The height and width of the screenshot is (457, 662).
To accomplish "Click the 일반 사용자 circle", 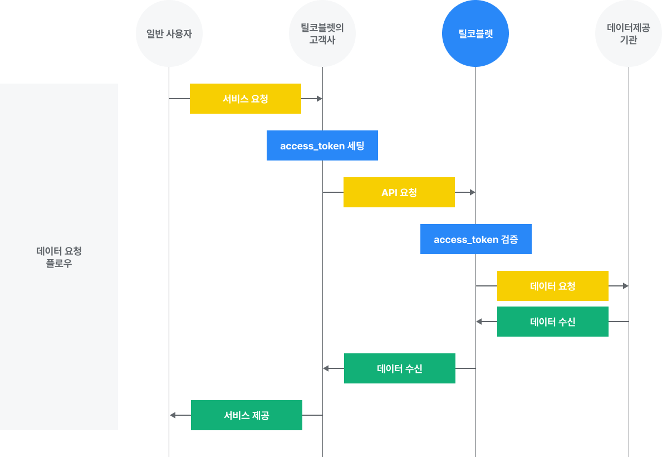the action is tap(169, 33).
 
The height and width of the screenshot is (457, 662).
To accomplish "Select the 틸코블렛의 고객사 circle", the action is tap(322, 33).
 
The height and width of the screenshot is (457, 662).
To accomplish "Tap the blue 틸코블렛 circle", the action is tap(475, 33).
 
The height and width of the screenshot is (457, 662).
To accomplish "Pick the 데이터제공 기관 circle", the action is tap(628, 33).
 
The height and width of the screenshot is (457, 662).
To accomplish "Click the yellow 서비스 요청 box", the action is tap(246, 99).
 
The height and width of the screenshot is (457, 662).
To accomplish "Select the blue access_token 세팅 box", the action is tap(322, 145).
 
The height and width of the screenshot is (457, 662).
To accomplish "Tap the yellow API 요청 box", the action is tap(399, 192).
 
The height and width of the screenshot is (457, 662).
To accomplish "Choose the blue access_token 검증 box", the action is tap(476, 239).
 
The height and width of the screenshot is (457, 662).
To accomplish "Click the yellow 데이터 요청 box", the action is tap(553, 286).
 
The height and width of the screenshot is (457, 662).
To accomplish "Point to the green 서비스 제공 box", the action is tap(247, 415).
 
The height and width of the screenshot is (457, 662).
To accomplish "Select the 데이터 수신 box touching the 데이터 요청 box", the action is tap(553, 322).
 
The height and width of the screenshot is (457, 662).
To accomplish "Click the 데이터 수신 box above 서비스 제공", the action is tap(400, 368).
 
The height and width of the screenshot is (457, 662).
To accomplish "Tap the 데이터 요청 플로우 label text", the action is tap(59, 257).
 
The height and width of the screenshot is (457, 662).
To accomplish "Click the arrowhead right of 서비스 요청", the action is tap(320, 99).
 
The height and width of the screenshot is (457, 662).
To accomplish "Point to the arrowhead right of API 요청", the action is tap(473, 192).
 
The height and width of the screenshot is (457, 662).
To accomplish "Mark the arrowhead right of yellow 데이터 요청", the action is tap(626, 286).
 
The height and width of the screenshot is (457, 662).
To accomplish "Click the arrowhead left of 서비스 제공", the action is tap(172, 415).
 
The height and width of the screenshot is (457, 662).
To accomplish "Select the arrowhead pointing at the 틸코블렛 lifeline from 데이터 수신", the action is tap(479, 322).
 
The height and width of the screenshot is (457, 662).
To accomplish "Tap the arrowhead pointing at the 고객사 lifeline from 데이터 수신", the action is tap(326, 368).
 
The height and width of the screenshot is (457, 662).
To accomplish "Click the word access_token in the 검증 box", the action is tap(466, 240).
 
